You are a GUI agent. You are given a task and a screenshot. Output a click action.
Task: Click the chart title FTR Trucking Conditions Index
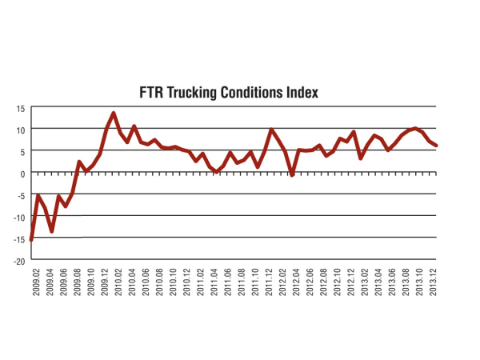230,93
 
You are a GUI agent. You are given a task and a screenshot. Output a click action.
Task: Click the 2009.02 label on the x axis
35,282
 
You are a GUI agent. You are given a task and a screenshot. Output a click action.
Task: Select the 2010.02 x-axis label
117,282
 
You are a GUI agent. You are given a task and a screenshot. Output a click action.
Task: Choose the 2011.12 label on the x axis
266,282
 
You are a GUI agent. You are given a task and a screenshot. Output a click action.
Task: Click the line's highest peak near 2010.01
114,114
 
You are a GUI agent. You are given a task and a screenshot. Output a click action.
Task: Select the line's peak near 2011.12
271,130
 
